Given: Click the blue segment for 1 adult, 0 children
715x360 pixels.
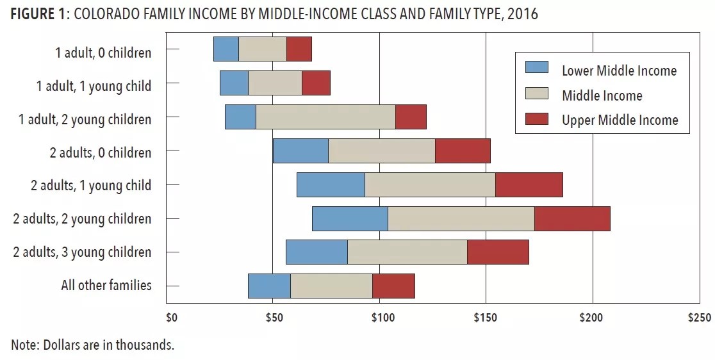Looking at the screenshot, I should (x=226, y=49).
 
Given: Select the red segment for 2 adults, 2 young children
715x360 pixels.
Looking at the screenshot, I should (x=572, y=218).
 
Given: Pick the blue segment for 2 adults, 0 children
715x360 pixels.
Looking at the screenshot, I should (x=300, y=151).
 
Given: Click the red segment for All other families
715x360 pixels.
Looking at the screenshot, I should (x=393, y=286).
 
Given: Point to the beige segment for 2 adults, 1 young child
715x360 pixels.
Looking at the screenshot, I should (x=430, y=185).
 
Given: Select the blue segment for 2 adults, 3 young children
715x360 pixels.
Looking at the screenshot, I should (x=316, y=252).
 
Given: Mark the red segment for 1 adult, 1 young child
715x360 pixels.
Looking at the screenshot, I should (x=316, y=83).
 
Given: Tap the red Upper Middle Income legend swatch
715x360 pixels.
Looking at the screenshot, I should (x=537, y=119).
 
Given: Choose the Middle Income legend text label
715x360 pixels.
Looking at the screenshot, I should (x=602, y=96).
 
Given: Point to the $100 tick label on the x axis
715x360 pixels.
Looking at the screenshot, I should (x=381, y=318).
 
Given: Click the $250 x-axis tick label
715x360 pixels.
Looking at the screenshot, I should (x=698, y=318).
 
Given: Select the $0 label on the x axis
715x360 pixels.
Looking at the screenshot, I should (x=171, y=318).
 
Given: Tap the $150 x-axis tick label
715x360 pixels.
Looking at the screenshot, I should (x=486, y=318).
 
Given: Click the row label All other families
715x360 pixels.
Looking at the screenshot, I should (x=106, y=285).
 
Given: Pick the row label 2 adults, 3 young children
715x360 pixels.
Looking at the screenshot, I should (x=83, y=252).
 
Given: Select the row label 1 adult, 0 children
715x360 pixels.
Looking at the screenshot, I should (x=103, y=52).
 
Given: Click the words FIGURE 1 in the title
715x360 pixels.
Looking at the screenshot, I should (x=37, y=14).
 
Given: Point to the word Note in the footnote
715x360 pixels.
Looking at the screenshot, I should (x=24, y=345).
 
